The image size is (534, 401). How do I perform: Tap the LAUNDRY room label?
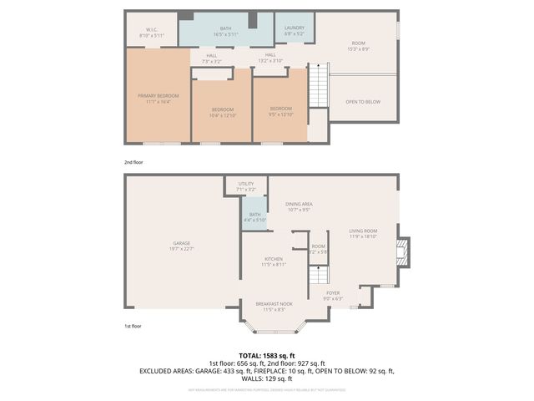coord(295,31)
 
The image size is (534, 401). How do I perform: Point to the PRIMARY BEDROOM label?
coord(158,99)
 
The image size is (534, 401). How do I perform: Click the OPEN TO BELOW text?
coord(363,102)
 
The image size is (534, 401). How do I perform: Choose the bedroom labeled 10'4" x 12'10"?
coord(222,112)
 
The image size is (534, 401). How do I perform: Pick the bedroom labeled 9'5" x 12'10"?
coord(280,111)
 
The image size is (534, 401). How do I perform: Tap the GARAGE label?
coord(182,246)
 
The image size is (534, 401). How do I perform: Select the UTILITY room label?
coord(245,186)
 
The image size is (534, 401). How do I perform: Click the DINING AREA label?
coord(299,206)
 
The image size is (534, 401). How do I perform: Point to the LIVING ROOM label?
coord(363,233)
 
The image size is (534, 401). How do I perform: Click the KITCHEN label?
coord(275,262)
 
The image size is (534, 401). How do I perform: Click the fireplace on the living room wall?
coord(404,251)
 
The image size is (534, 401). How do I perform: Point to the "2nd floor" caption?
coord(134,163)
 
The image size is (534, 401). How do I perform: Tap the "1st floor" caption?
coord(133,326)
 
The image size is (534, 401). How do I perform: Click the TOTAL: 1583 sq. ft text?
coord(266,356)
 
